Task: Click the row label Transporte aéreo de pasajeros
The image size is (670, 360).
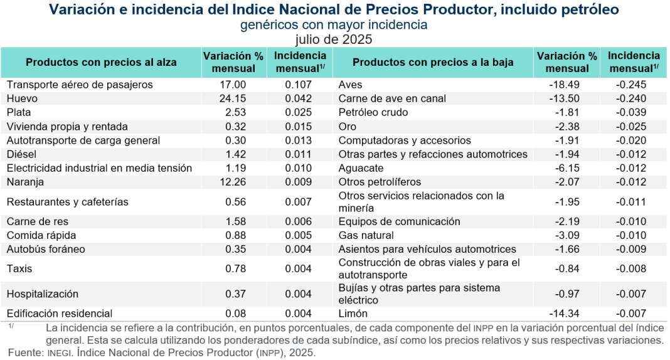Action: point(80,85)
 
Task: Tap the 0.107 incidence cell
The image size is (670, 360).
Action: point(298,85)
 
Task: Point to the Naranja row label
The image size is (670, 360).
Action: point(25,182)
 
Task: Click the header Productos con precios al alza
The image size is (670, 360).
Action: point(101,62)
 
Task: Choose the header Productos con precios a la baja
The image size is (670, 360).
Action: point(433,62)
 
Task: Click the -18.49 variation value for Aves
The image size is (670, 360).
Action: point(566,85)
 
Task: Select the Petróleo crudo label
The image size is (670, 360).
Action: point(373,112)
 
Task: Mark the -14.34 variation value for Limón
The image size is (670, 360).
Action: point(566,314)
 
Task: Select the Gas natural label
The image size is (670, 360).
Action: point(366,235)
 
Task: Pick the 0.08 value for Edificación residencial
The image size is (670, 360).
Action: point(236,314)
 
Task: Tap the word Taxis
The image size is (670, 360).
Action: point(19,268)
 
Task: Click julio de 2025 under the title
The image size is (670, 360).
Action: point(334,39)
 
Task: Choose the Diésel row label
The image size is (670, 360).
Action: point(21,154)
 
